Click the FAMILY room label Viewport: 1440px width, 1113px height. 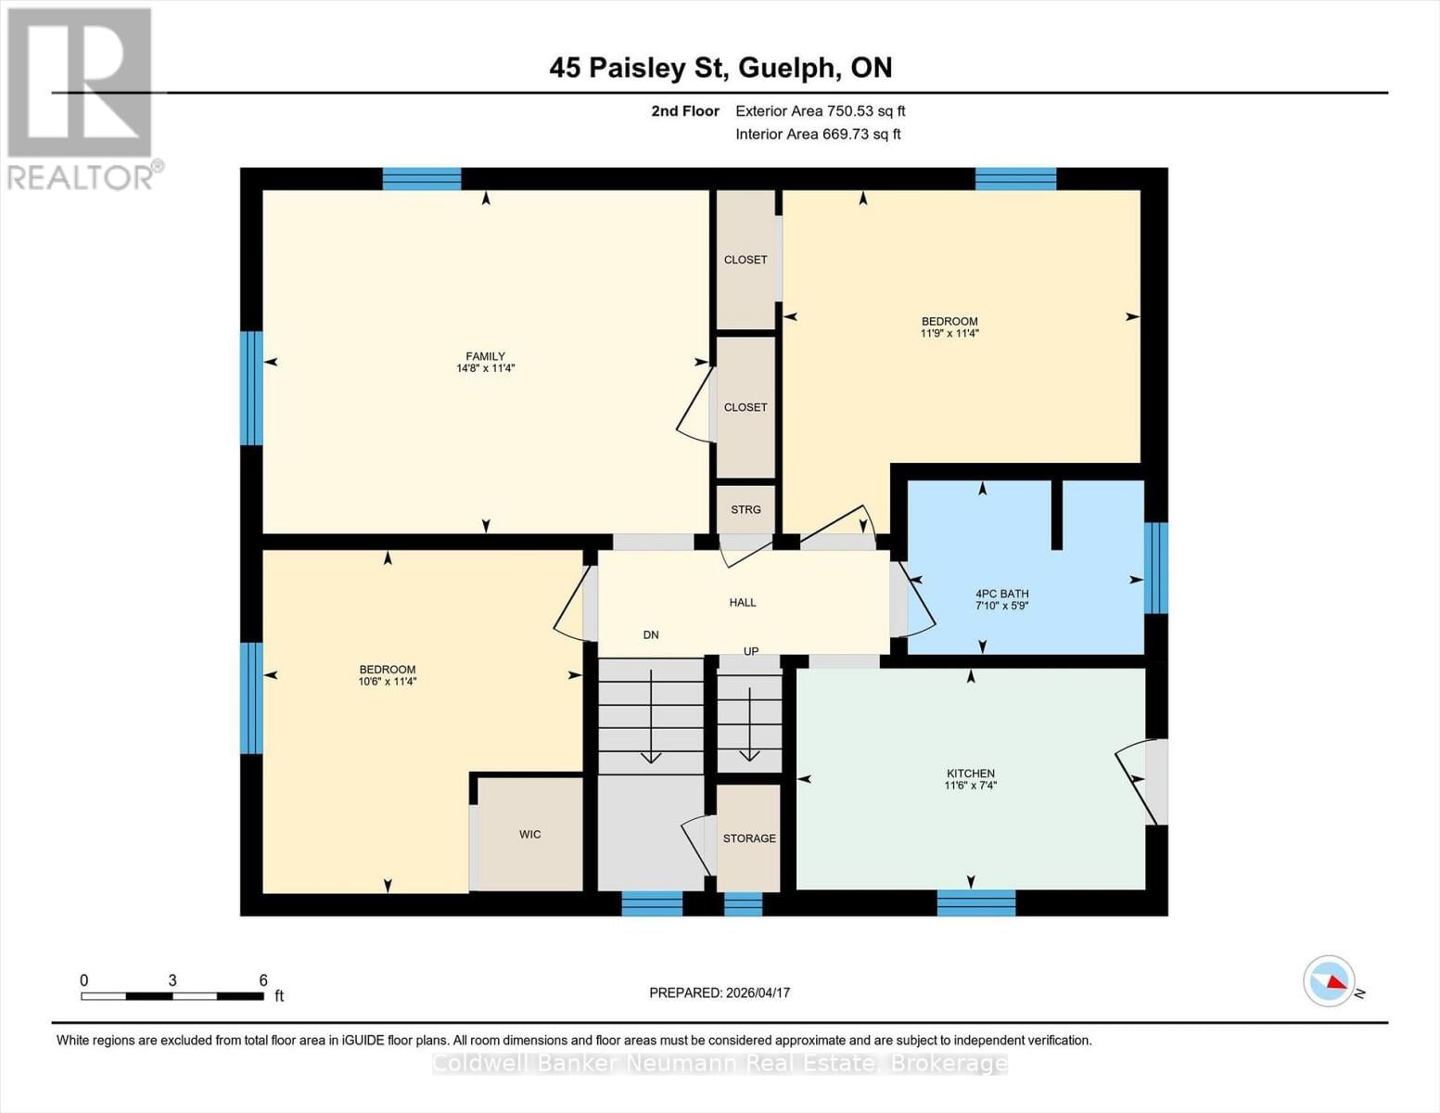tap(485, 356)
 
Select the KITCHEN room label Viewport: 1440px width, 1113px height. tap(970, 773)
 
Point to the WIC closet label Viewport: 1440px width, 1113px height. tap(529, 834)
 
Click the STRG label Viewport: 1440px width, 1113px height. tap(745, 509)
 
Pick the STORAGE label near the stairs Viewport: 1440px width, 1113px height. tap(749, 838)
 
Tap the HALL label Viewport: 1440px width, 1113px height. tap(742, 602)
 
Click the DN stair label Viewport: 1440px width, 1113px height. tap(651, 634)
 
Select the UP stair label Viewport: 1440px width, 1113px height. tap(750, 651)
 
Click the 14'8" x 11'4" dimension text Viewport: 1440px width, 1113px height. tap(485, 368)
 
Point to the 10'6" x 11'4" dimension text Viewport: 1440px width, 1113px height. tap(387, 681)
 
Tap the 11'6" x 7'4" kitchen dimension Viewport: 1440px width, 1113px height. tap(970, 785)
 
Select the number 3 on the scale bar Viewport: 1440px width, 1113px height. tap(172, 979)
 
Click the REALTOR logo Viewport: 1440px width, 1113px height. tap(83, 98)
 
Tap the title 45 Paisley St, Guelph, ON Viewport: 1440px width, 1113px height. tap(720, 68)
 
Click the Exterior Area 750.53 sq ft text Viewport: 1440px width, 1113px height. tap(821, 110)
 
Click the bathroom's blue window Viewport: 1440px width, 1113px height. tap(1155, 568)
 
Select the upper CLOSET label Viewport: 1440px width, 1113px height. tap(745, 259)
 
